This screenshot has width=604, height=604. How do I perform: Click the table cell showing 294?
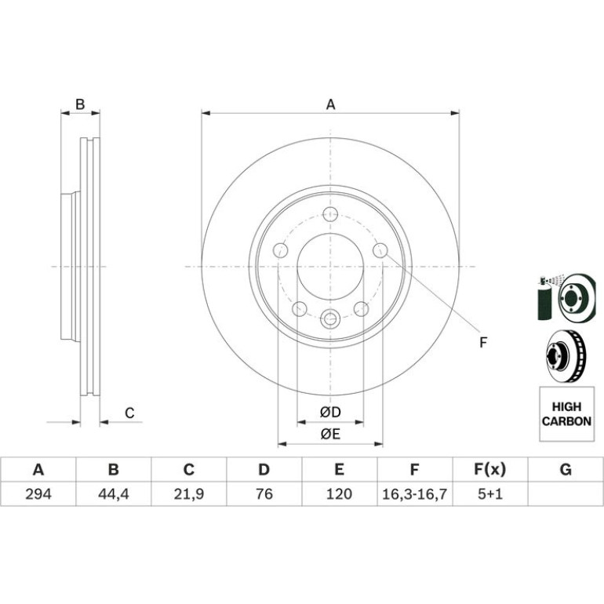tap(38, 493)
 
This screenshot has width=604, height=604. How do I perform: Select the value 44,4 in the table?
tap(113, 493)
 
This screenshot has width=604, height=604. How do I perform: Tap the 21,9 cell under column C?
tap(189, 493)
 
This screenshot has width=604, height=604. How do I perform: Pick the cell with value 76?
tap(264, 493)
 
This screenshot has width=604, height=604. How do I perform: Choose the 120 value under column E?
tap(340, 493)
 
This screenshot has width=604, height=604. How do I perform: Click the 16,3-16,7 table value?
tap(414, 493)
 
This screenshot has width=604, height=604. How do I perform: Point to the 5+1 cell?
tap(490, 493)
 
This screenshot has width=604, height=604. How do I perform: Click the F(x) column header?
tap(490, 470)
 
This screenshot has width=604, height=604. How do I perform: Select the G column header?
tap(566, 470)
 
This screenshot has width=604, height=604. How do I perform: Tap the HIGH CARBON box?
tap(566, 414)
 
